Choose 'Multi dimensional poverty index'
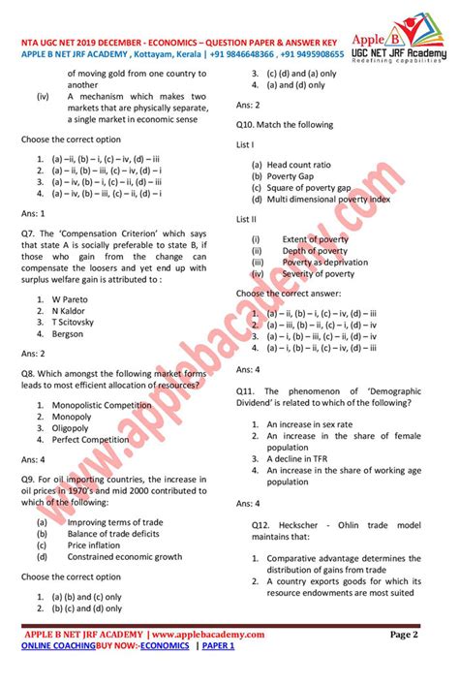point(328,200)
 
